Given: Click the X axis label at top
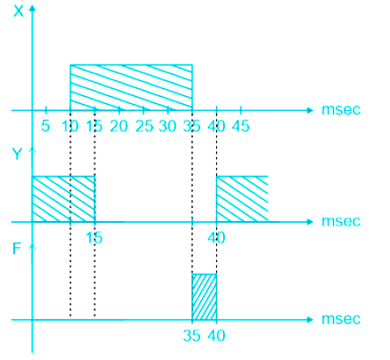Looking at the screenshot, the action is (18, 11).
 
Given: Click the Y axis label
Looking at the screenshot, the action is (17, 154).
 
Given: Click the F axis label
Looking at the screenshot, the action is (17, 249).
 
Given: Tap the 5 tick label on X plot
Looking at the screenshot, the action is (45, 126).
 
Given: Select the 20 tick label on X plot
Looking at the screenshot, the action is (119, 126).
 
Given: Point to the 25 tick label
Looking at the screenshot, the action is (144, 126).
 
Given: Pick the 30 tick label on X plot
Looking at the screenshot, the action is (168, 126).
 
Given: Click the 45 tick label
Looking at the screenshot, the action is (240, 126).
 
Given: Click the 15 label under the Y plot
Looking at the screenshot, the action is (94, 238).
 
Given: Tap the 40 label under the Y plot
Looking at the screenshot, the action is (216, 238).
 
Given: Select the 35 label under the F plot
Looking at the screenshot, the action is (192, 336).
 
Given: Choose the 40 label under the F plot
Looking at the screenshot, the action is (216, 336).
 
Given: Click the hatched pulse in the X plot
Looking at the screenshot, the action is (131, 87).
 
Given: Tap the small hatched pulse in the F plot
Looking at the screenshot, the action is (204, 297).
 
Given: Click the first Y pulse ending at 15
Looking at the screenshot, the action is (64, 199).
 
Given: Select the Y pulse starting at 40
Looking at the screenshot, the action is (242, 199).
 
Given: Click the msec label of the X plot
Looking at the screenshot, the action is (341, 110).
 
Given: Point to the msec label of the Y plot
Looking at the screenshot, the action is (341, 221).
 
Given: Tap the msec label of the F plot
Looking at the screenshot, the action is (341, 319).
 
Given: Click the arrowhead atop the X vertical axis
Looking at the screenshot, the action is (32, 8).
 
